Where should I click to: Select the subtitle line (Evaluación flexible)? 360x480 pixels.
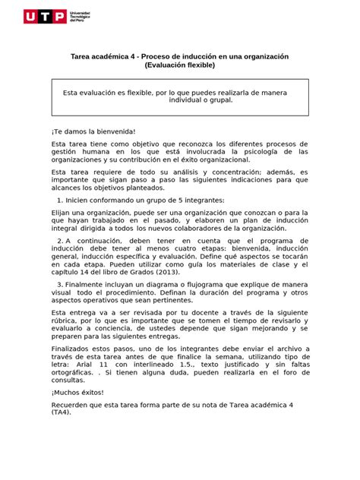pyautogui.click(x=180, y=67)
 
